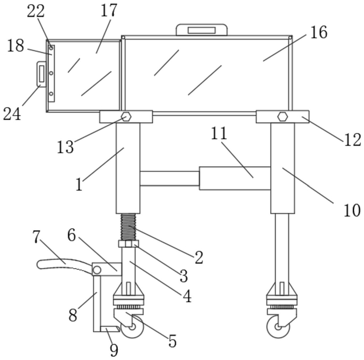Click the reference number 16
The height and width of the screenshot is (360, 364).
[318, 33]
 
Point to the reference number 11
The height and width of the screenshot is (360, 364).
[219, 133]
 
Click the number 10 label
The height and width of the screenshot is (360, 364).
[352, 210]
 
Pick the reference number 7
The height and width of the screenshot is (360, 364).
[36, 237]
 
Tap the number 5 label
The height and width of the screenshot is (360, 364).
[172, 341]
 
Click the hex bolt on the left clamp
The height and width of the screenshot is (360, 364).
[126, 117]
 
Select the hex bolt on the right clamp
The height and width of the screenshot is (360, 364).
[282, 116]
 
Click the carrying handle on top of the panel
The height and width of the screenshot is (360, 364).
[202, 29]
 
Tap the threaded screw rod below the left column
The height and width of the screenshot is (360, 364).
[128, 227]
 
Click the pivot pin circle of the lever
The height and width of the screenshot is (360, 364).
[97, 270]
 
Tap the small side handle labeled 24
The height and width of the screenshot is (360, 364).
[41, 74]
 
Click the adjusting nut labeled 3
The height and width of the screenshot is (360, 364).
[128, 244]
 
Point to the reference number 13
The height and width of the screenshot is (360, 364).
[65, 147]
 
